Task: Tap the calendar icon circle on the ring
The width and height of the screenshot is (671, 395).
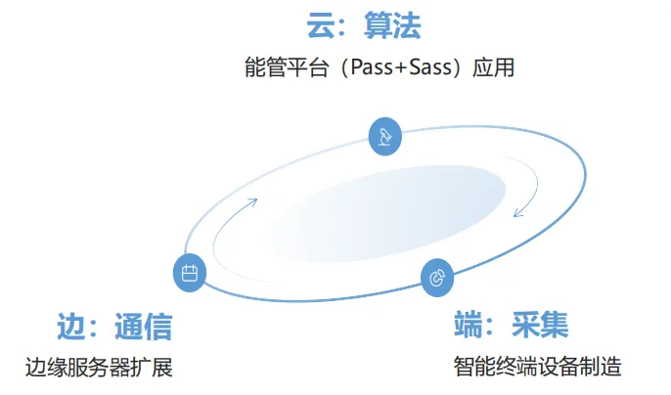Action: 190,274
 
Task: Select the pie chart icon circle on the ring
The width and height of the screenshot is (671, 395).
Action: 437,278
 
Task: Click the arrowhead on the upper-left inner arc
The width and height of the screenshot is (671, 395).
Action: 253,200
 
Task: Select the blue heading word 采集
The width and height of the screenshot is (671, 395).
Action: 539,325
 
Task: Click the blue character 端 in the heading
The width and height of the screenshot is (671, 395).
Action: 470,325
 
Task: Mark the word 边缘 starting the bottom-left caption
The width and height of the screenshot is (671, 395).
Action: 45,368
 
